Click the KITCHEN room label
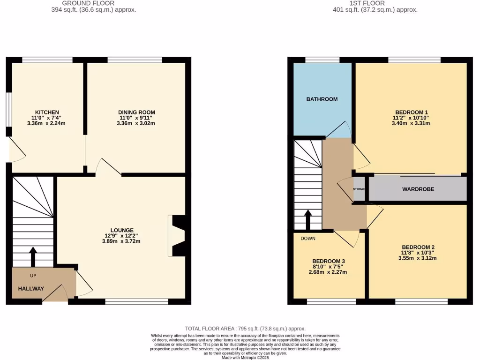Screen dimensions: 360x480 47,112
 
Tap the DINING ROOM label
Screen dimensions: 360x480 136,112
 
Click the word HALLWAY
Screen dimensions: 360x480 31,289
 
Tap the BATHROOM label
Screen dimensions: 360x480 322,99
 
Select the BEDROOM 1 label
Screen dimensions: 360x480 412,112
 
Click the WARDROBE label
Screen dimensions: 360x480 418,189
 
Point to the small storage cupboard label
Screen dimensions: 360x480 359,189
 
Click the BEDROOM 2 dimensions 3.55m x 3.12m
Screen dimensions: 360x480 417,258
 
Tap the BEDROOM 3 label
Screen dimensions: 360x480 329,261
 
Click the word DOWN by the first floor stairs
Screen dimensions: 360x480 308,238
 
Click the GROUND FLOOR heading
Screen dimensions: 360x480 88,3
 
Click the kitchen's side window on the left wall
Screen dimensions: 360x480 8,109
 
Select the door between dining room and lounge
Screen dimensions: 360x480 107,166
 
